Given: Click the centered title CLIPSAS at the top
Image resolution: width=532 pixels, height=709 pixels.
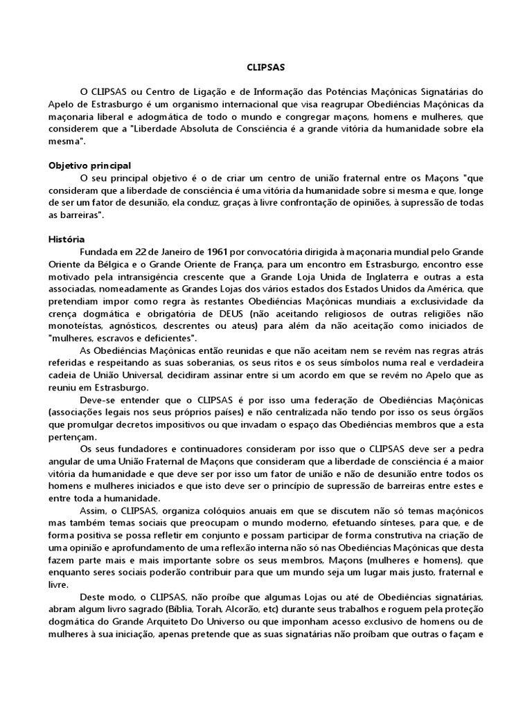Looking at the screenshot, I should point(265,69).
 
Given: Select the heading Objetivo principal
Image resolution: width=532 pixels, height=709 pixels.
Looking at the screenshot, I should point(89,165).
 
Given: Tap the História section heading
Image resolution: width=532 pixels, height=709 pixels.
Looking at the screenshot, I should point(66,238).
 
